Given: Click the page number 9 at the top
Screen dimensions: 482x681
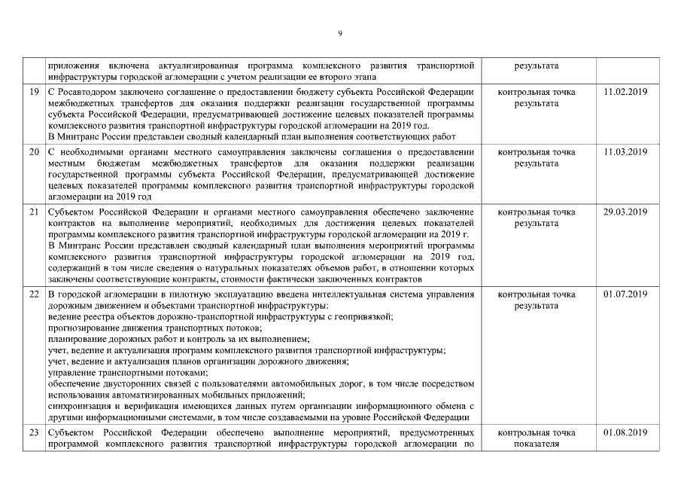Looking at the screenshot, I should pyautogui.click(x=340, y=33).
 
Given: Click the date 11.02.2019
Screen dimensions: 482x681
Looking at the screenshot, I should pyautogui.click(x=625, y=92).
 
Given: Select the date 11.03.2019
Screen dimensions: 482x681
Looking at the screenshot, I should pyautogui.click(x=625, y=152).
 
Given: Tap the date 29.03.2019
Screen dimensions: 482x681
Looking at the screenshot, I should pyautogui.click(x=625, y=212).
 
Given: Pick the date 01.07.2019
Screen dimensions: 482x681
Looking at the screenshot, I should pyautogui.click(x=625, y=294).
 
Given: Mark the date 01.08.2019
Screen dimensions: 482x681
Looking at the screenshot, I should pyautogui.click(x=625, y=433).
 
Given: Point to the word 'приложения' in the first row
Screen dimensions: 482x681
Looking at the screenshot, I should pyautogui.click(x=70, y=66).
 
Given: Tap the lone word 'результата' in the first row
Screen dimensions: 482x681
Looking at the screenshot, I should pyautogui.click(x=537, y=66).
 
